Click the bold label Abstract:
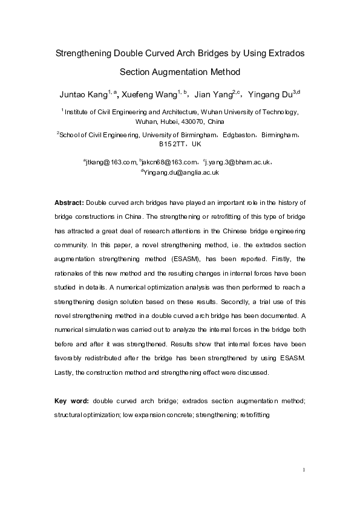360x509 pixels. click(69, 201)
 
